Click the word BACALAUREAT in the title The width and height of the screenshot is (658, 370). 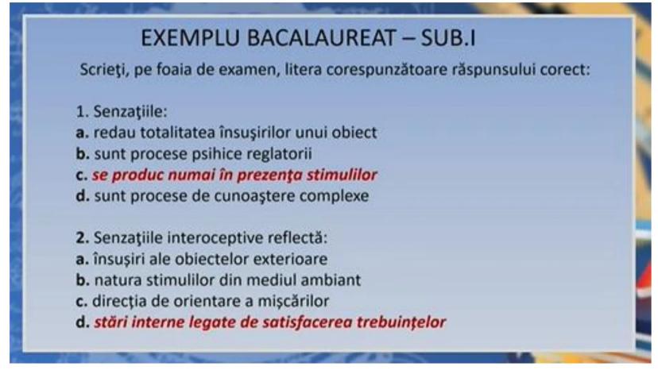(321, 38)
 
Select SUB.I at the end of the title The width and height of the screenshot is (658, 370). (447, 38)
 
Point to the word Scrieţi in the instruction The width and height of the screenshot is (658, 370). (103, 70)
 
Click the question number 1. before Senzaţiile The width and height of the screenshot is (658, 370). (82, 112)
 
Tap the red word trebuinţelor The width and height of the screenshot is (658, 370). (401, 322)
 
